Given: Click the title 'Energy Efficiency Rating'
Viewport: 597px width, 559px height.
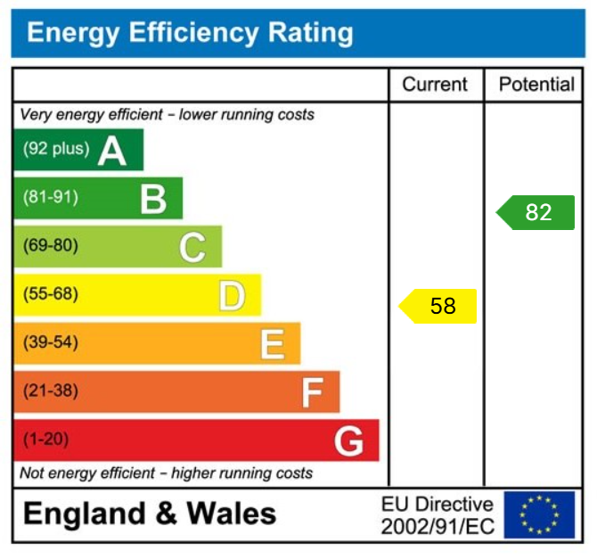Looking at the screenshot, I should pos(190,33).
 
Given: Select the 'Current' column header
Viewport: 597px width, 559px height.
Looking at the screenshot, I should pos(435,85).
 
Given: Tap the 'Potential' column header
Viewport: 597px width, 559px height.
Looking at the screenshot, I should pos(536,85).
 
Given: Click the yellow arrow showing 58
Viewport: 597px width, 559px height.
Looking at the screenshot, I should pos(438,306).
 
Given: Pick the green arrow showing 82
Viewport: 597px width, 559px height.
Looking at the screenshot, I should pos(536,212).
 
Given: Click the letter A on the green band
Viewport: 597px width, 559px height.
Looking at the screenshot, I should pos(112,151).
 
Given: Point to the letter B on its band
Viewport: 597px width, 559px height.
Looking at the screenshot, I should pos(153,199).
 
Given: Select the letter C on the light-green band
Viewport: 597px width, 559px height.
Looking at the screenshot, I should pos(192,247).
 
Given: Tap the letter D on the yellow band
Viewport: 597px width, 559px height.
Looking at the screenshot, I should pos(232,296).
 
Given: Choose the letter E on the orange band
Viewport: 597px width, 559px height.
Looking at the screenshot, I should pos(272,344).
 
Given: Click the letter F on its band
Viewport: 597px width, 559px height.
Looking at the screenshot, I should pos(312,392).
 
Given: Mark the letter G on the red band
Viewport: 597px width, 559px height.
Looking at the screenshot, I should pos(348,440).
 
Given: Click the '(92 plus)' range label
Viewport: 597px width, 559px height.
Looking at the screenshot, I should pos(56,149).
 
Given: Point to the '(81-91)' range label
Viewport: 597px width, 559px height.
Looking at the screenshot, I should pos(50,197).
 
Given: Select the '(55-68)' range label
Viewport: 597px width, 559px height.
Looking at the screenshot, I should pos(50,294).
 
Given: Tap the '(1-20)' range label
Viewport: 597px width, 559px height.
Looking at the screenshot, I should pos(45,440).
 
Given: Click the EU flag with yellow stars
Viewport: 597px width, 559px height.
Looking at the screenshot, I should pos(539,515).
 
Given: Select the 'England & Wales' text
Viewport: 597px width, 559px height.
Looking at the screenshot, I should pos(149,514).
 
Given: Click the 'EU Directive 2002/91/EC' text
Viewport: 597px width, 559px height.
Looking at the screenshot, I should pos(437,515).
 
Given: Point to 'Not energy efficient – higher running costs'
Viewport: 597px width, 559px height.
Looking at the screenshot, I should pos(166,473).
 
